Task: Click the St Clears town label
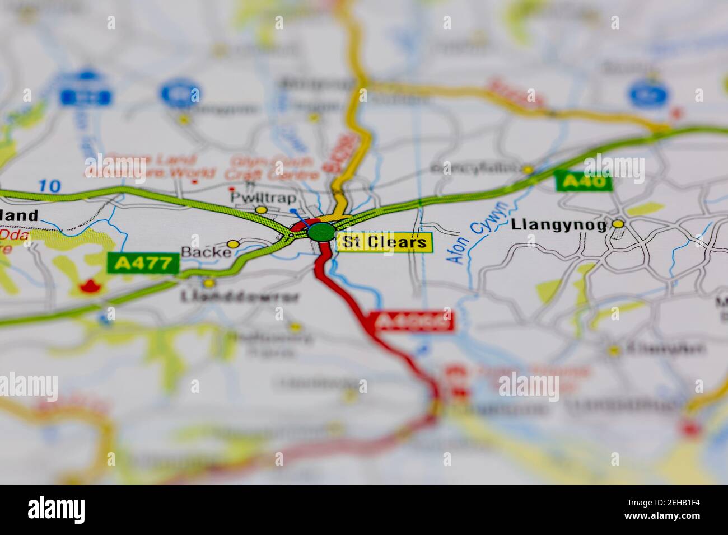coord(385,242)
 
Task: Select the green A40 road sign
coord(583,181)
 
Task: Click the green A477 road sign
coord(143,263)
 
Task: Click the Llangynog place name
coord(558,225)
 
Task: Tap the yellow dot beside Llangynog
coord(618,224)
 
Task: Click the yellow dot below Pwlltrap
coord(260,210)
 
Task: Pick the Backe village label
coord(206,252)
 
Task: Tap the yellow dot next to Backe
coord(234,244)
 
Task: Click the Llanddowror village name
coord(240,297)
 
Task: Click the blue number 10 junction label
coord(50,186)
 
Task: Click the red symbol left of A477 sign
coord(87,287)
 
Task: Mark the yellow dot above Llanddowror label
coord(208,283)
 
